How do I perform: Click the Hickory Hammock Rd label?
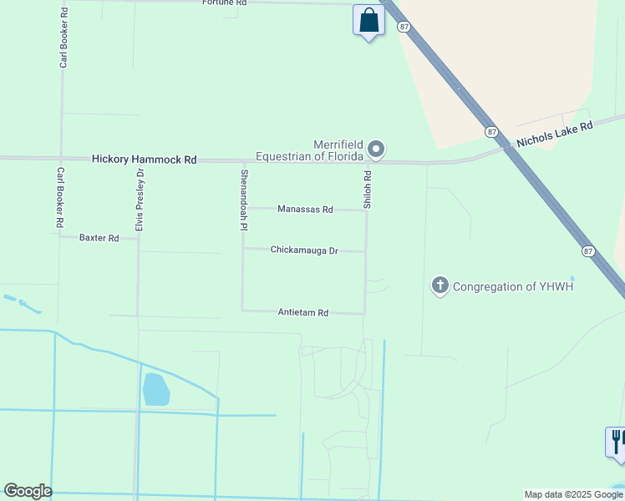click(x=144, y=159)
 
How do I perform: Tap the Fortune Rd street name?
click(x=225, y=3)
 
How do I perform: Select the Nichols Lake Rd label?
click(x=554, y=134)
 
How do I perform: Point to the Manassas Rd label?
click(x=307, y=210)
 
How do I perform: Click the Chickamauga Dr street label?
click(x=304, y=250)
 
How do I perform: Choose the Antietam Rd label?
click(x=302, y=312)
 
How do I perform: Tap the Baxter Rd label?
click(x=99, y=238)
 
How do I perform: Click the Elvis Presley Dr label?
click(x=140, y=200)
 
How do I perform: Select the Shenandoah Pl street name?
click(x=244, y=200)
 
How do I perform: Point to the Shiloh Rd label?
click(x=367, y=190)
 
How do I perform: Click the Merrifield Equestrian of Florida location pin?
click(x=376, y=149)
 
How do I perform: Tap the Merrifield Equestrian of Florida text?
click(x=309, y=150)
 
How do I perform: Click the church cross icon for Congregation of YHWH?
click(x=440, y=286)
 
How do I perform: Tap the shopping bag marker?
click(x=368, y=20)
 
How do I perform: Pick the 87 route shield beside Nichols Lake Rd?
click(x=491, y=131)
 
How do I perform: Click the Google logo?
click(x=28, y=491)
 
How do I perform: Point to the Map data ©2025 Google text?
click(x=573, y=494)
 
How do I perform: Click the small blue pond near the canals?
click(x=155, y=389)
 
